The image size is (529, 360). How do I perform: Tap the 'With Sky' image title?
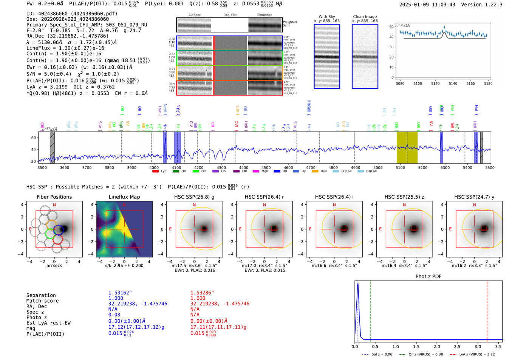pos(326,17)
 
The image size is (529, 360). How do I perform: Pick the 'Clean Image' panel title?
pos(365,17)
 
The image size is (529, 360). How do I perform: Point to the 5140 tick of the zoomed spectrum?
pos(453,83)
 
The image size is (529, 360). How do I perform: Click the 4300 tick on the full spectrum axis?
pos(221,167)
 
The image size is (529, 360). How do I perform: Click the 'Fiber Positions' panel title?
pos(54,197)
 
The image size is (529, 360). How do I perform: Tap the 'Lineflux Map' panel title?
pos(124,197)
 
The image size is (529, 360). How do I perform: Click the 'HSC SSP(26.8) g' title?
pos(194,197)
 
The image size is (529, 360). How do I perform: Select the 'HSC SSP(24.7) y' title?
pos(474,197)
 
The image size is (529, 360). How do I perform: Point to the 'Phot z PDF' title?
pos(428,277)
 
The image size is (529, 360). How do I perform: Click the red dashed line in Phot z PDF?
pos(487,310)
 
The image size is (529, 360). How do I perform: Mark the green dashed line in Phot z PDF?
pos(370,310)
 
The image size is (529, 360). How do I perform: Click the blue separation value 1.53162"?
pos(120,293)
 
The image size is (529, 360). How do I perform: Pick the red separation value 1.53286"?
pos(202,293)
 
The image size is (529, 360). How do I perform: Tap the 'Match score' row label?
pos(42,301)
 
